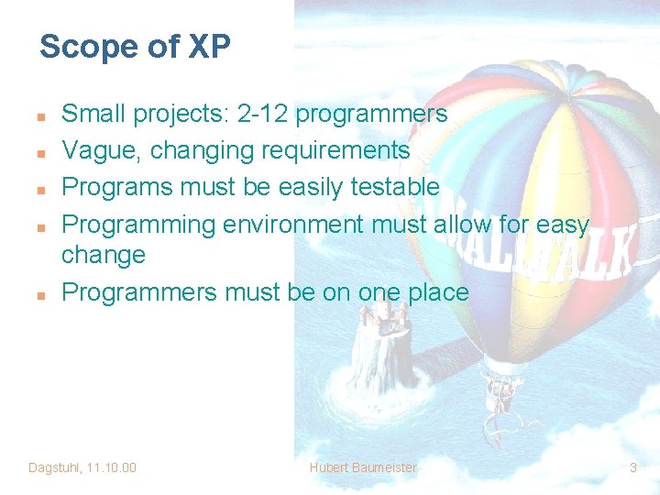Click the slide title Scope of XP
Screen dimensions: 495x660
[135, 47]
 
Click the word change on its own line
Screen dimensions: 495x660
[103, 255]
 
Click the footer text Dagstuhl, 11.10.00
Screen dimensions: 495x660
[82, 467]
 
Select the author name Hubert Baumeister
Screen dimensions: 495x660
[363, 467]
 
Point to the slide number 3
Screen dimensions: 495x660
[632, 467]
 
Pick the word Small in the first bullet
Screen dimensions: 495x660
[93, 114]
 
